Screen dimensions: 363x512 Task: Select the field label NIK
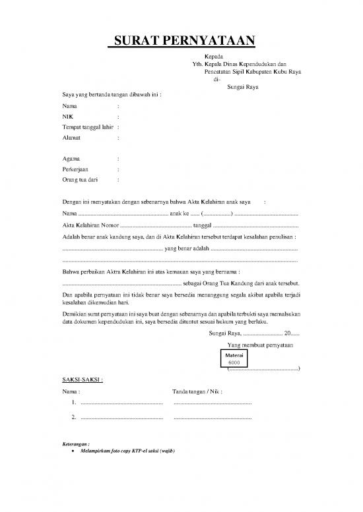pyautogui.click(x=67, y=117)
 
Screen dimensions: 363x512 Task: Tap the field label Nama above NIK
pyautogui.click(x=69, y=106)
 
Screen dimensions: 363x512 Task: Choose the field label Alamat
pyautogui.click(x=72, y=138)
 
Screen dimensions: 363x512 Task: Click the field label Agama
pyautogui.click(x=71, y=159)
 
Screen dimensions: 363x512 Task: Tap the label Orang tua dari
pyautogui.click(x=79, y=179)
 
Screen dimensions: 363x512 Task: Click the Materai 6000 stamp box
pyautogui.click(x=234, y=358)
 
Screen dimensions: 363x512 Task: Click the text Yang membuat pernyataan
pyautogui.click(x=260, y=345)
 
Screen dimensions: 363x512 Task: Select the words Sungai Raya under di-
pyautogui.click(x=242, y=87)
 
